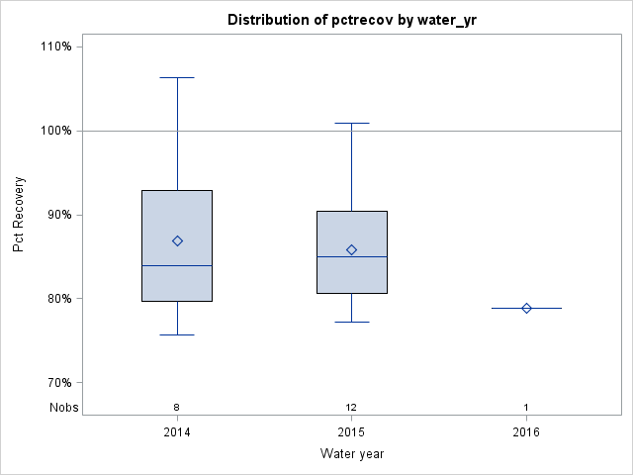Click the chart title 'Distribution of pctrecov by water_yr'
coord(351,20)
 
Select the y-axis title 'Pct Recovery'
coord(19,215)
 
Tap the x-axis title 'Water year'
coord(351,454)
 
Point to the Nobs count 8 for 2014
coord(177,407)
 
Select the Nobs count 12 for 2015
coord(351,407)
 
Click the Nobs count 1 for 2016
coord(526,407)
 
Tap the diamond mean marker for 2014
coord(177,240)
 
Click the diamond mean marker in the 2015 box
coord(351,249)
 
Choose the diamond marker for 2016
coord(526,308)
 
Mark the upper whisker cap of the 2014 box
coord(177,77)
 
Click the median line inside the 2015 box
coord(351,256)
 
